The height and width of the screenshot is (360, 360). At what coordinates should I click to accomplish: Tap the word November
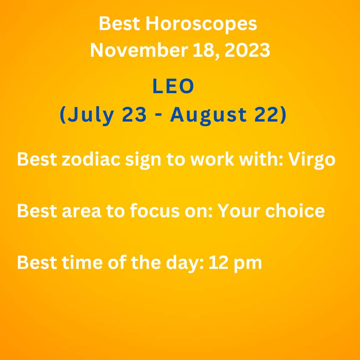(139, 50)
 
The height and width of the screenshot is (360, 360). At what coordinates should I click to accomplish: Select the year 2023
(247, 50)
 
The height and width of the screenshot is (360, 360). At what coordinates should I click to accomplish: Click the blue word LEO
(173, 86)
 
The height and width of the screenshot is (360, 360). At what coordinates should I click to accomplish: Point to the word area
(81, 211)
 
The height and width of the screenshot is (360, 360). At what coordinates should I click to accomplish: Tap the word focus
(155, 210)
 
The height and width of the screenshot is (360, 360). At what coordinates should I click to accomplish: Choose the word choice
(295, 210)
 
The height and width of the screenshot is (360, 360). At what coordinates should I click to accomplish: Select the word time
(82, 262)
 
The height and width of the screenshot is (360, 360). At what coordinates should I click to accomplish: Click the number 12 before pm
(218, 262)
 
